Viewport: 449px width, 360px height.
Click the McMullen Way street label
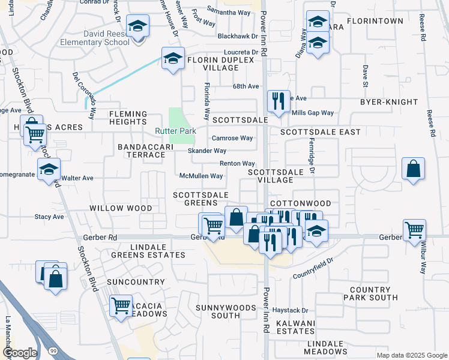(201, 176)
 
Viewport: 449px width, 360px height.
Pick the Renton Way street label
(237, 163)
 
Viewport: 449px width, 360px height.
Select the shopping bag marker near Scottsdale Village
(414, 169)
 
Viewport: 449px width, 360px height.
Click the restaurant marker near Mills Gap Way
(277, 100)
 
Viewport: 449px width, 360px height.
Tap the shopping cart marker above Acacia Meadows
(121, 305)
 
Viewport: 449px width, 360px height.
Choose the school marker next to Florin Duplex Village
(173, 59)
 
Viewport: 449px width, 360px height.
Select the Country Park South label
(370, 293)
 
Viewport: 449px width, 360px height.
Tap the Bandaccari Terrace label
(141, 151)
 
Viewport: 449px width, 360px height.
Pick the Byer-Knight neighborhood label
(385, 103)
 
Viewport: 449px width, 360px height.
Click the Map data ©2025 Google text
(411, 355)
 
